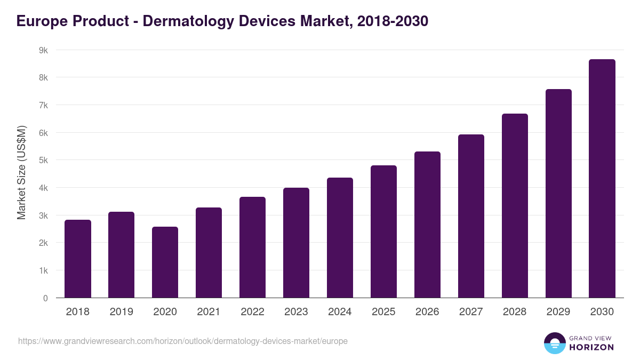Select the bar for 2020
(x=165, y=262)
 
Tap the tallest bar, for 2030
(x=602, y=179)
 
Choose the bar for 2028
(x=515, y=206)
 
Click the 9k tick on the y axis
(x=43, y=50)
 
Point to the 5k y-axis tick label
(x=43, y=161)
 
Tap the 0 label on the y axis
(x=45, y=298)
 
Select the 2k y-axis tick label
(x=43, y=243)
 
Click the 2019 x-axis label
(x=122, y=312)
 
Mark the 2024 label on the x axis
(x=340, y=312)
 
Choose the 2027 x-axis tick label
(x=471, y=312)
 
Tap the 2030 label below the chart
(x=602, y=312)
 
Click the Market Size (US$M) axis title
(x=21, y=173)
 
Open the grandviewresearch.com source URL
(x=183, y=341)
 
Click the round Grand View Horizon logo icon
(x=555, y=343)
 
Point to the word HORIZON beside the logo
(x=591, y=347)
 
